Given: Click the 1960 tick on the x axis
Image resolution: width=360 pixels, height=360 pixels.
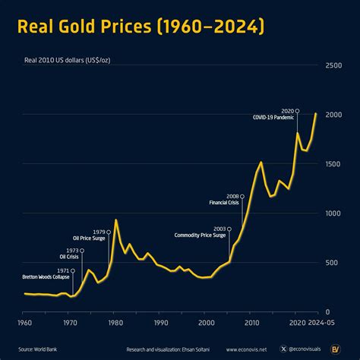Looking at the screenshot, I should click(x=24, y=322).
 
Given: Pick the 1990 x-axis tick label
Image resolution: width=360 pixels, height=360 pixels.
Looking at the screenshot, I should click(x=160, y=322).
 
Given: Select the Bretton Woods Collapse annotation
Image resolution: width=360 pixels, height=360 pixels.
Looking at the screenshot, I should click(x=46, y=277).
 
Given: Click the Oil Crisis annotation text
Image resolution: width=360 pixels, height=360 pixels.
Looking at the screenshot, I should click(x=69, y=257).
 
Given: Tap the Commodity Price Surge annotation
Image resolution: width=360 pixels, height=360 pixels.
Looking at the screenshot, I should click(x=200, y=235).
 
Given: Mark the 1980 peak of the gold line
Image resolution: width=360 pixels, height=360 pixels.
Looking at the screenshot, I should click(x=116, y=220).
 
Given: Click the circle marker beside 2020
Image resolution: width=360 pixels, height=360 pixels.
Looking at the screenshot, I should click(x=297, y=111).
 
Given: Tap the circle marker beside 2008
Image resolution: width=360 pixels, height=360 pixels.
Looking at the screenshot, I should click(x=242, y=197).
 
